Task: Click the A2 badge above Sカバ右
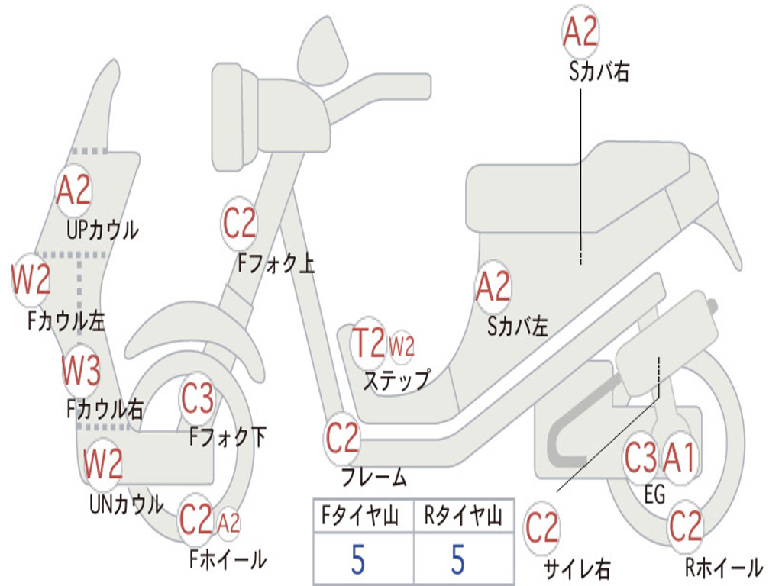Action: [580, 32]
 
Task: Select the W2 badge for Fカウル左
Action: [31, 280]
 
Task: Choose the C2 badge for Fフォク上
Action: [239, 223]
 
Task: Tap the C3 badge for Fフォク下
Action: [197, 398]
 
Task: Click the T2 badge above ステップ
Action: [368, 344]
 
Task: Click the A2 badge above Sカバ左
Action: [493, 287]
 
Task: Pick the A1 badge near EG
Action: [679, 459]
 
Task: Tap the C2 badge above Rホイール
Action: [685, 526]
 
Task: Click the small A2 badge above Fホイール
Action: [228, 523]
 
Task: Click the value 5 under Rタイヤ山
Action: [457, 560]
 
